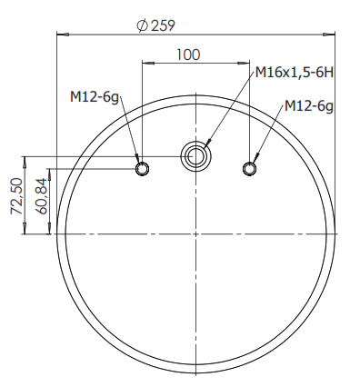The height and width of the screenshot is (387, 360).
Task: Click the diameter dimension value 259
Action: point(163,25)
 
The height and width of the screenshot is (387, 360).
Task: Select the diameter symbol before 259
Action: point(142,25)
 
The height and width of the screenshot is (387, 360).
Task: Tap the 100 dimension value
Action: point(188,55)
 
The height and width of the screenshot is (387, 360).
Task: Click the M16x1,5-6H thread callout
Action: point(295,73)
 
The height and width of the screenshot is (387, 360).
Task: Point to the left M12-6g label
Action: point(95,97)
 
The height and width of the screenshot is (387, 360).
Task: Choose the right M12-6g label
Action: point(309,106)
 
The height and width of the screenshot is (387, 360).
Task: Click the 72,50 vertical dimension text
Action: point(16,196)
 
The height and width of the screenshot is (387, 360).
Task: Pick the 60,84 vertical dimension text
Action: point(41,196)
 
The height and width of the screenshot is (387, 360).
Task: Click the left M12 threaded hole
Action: point(142,169)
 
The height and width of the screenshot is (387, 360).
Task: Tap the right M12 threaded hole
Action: point(249,168)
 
